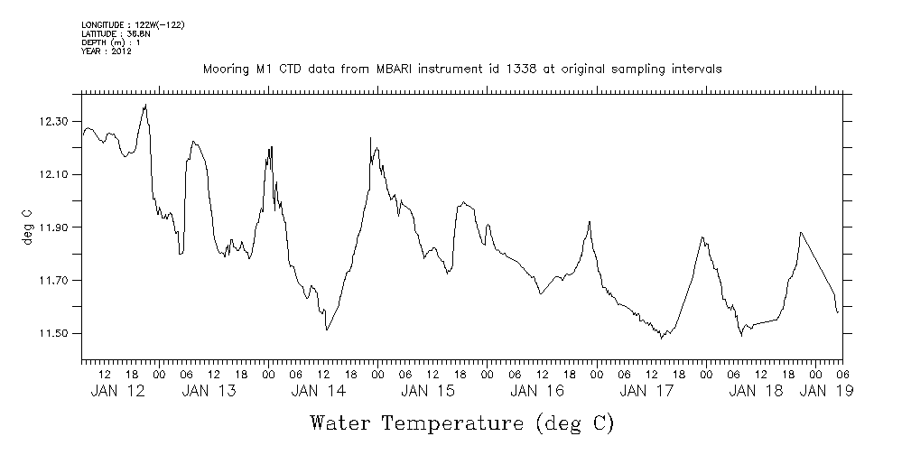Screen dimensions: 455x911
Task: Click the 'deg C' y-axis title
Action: click(27, 227)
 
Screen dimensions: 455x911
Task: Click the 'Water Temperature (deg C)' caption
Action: click(461, 422)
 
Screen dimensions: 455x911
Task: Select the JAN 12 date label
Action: click(118, 391)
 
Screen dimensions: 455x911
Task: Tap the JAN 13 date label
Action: click(209, 391)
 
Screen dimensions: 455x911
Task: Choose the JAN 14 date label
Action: click(318, 391)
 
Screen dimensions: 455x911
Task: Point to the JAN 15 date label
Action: click(427, 391)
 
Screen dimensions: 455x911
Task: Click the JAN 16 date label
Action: click(537, 391)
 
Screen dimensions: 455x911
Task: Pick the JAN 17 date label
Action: click(646, 391)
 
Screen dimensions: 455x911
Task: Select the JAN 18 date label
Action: click(756, 391)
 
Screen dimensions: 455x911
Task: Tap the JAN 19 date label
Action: click(827, 391)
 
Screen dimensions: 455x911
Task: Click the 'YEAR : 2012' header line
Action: click(107, 51)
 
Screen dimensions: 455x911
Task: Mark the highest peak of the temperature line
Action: click(145, 106)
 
